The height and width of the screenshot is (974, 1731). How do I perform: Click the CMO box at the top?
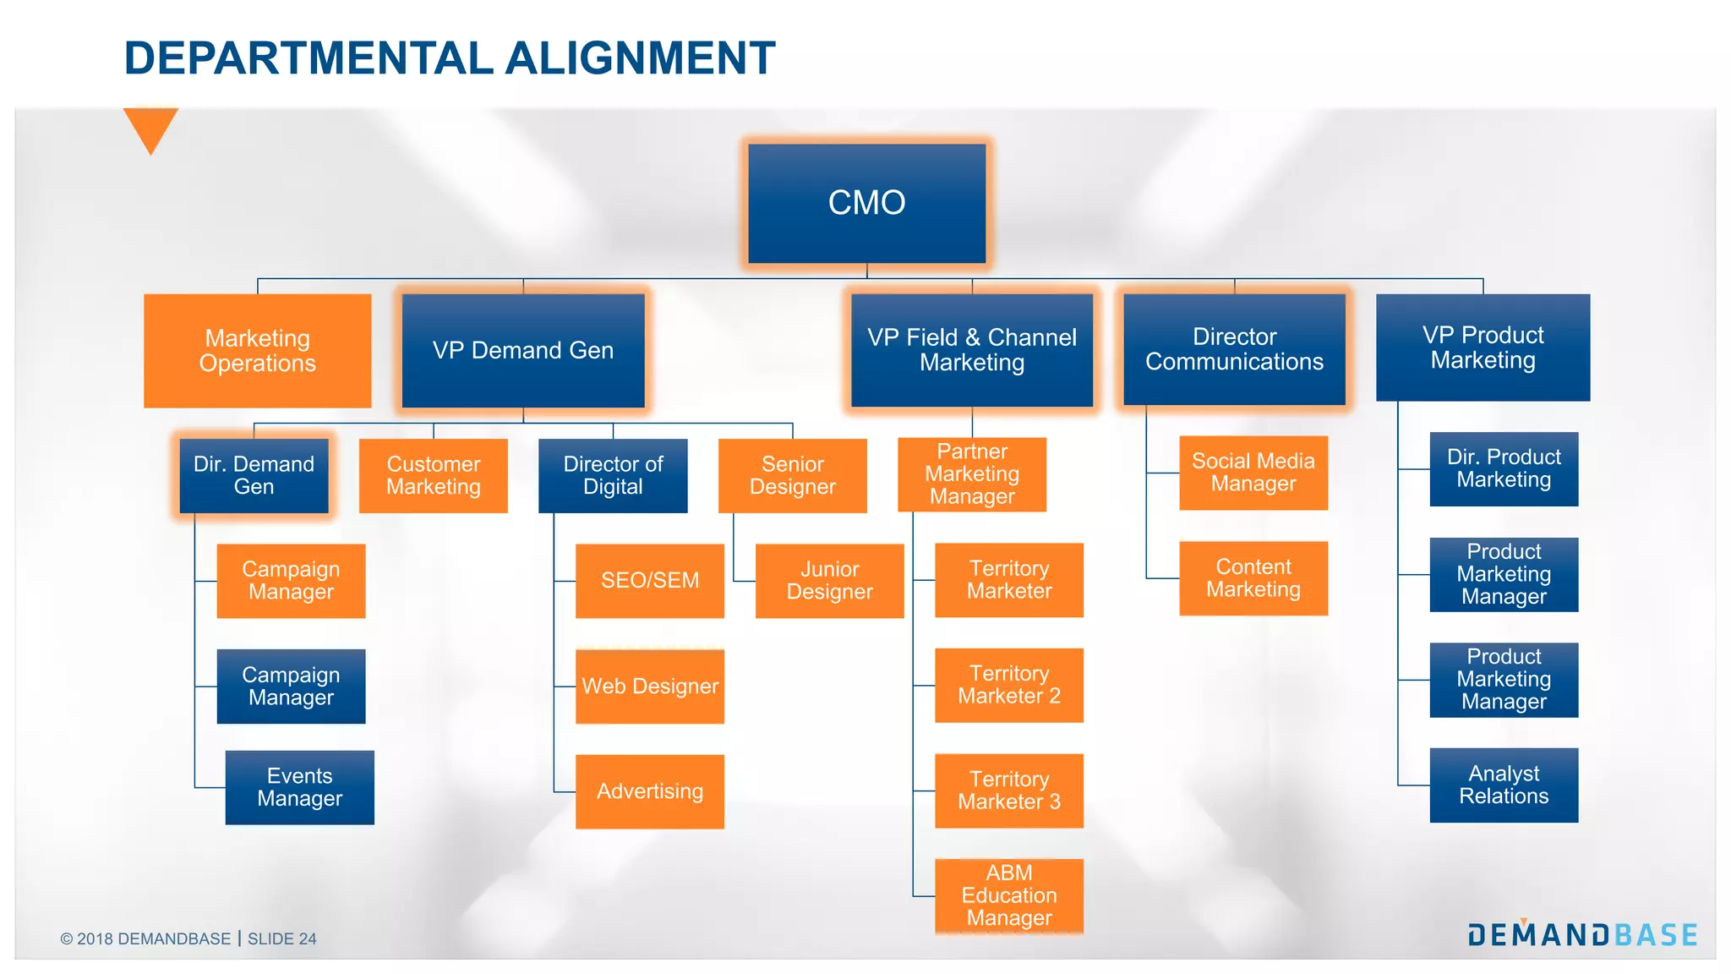pos(866,203)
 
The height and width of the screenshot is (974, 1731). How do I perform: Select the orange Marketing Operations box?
pos(257,351)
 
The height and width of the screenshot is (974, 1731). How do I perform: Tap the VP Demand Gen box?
pos(523,351)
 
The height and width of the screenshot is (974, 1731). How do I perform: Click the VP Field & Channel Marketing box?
pos(972,350)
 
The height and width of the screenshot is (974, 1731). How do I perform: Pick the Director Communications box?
pos(1234,349)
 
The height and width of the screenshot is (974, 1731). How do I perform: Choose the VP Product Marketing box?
pos(1483,347)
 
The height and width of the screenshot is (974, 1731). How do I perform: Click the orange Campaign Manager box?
pos(291,581)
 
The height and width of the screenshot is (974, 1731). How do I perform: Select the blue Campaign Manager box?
pos(291,687)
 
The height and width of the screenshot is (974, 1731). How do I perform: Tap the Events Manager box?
pos(299,787)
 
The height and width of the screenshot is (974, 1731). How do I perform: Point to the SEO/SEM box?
pos(649,581)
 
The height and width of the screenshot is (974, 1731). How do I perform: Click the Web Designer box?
pos(649,687)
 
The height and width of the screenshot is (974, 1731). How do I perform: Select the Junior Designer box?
pos(829,581)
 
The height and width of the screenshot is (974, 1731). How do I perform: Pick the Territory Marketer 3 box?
pos(1008,791)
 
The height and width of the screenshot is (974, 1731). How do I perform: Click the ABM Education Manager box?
pos(1008,895)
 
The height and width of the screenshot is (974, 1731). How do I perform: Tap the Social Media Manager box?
pos(1253,473)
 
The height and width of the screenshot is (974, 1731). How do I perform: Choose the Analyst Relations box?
pos(1504,785)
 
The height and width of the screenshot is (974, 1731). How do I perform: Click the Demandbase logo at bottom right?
pos(1582,934)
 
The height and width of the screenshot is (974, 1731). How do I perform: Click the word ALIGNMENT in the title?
pos(640,58)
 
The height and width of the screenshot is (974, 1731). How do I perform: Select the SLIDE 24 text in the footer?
pos(281,938)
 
